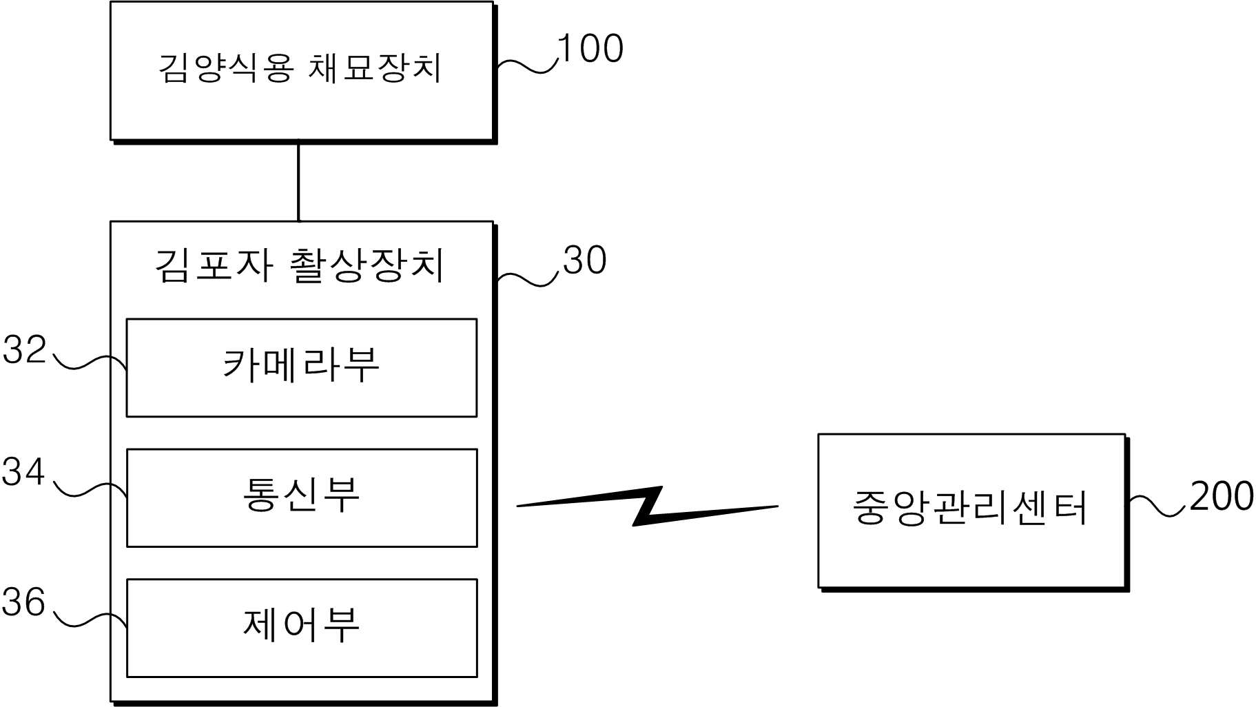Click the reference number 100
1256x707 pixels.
[x=590, y=49]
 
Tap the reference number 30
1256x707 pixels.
[x=584, y=260]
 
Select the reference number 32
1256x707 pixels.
[x=24, y=349]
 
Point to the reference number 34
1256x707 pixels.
[x=23, y=472]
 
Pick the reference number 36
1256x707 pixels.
[x=23, y=602]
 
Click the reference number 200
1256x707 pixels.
[x=1221, y=496]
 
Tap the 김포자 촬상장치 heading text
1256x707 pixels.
[x=300, y=265]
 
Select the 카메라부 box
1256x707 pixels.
[x=302, y=367]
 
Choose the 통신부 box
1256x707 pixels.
[x=302, y=498]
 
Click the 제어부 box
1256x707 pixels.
[x=302, y=627]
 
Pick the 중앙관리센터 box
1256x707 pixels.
[x=971, y=510]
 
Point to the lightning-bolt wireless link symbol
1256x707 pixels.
[x=648, y=506]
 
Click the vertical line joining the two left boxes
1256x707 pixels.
[x=298, y=181]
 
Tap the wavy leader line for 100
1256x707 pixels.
[x=527, y=65]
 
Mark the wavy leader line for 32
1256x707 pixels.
[x=90, y=362]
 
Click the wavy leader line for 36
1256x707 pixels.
[x=90, y=619]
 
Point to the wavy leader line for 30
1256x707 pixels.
[x=527, y=279]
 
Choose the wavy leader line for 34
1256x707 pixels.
[x=90, y=489]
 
